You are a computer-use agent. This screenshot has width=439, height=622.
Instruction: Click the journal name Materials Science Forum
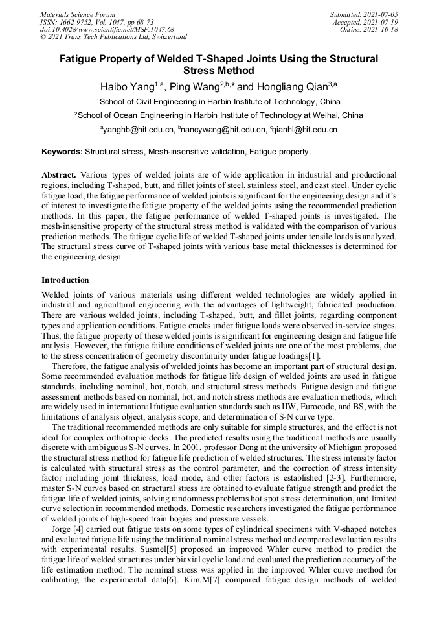[78, 14]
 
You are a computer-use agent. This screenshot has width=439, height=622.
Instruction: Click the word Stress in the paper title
[200, 70]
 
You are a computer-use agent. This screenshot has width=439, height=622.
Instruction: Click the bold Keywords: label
[62, 152]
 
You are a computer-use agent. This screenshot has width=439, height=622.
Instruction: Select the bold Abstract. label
[59, 175]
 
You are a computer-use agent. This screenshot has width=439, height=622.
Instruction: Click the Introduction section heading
[65, 280]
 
